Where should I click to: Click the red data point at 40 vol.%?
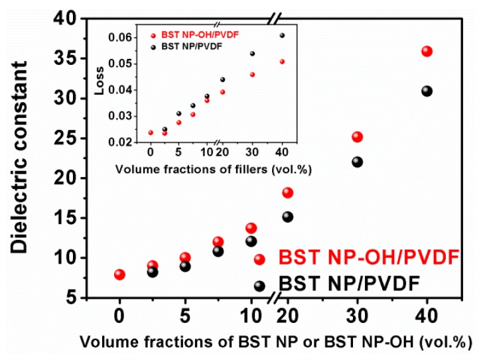pyautogui.click(x=427, y=52)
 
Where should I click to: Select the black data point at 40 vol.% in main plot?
pyautogui.click(x=427, y=91)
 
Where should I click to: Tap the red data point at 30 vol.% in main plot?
pyautogui.click(x=358, y=137)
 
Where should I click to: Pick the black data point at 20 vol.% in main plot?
pyautogui.click(x=288, y=217)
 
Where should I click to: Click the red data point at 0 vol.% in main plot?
pyautogui.click(x=119, y=274)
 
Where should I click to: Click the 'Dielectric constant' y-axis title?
pyautogui.click(x=19, y=156)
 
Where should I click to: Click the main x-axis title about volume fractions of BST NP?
pyautogui.click(x=277, y=343)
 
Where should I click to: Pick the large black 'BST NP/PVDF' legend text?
pyautogui.click(x=349, y=284)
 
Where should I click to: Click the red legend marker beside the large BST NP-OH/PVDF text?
pyautogui.click(x=259, y=259)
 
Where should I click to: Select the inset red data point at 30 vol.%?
pyautogui.click(x=252, y=74)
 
